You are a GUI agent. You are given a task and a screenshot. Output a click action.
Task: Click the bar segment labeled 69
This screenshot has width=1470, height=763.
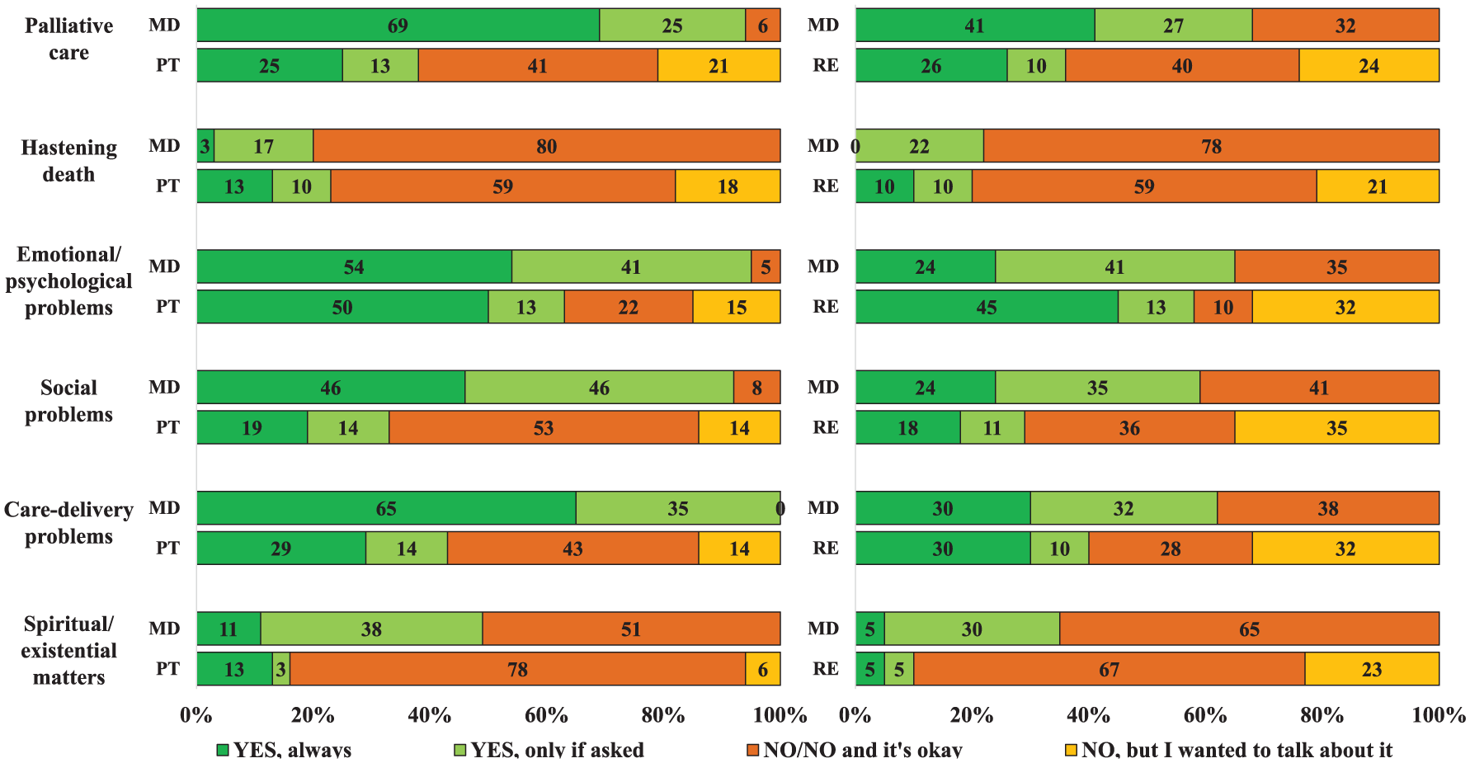click(x=398, y=25)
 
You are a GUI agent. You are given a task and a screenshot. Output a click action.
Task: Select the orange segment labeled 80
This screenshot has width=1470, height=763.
click(x=547, y=146)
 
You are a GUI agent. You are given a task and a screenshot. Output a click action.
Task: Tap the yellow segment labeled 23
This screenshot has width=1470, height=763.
click(x=1372, y=669)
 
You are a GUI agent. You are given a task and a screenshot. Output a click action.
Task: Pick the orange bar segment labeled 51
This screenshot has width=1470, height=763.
click(x=631, y=629)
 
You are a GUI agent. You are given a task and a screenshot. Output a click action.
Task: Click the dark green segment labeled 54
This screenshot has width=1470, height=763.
click(x=354, y=266)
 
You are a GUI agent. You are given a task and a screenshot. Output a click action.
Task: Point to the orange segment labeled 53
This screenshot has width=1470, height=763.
click(x=544, y=427)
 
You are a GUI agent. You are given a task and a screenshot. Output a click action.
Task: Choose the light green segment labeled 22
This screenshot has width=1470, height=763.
click(x=920, y=146)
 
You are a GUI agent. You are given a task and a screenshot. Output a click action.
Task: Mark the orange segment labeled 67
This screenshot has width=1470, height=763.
click(x=1110, y=669)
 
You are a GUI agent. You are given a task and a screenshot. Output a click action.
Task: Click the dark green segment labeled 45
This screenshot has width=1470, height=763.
click(x=987, y=307)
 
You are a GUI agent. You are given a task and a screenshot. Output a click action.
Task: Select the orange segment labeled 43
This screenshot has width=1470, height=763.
click(x=572, y=549)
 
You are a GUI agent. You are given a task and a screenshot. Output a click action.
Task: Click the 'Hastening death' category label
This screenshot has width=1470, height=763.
click(x=69, y=161)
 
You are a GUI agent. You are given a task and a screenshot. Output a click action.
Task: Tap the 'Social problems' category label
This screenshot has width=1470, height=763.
click(x=69, y=401)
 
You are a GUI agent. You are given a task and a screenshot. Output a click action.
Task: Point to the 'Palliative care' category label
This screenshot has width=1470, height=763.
click(x=69, y=39)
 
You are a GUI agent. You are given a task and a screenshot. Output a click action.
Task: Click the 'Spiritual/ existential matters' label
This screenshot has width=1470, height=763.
click(x=69, y=651)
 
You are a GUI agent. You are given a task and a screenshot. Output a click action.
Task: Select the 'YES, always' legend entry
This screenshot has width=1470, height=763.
click(x=284, y=750)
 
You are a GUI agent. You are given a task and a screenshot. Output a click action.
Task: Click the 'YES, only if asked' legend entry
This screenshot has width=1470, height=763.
click(x=549, y=750)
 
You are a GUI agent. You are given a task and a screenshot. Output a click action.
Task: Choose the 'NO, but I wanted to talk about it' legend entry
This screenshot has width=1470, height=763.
click(x=1229, y=750)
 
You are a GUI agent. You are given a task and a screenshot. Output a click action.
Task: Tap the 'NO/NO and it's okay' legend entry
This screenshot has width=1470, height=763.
click(x=855, y=750)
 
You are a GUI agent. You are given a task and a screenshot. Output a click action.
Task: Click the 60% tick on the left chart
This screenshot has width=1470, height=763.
click(x=546, y=715)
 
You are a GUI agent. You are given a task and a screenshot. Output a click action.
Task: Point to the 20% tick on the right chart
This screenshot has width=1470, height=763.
click(x=972, y=715)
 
